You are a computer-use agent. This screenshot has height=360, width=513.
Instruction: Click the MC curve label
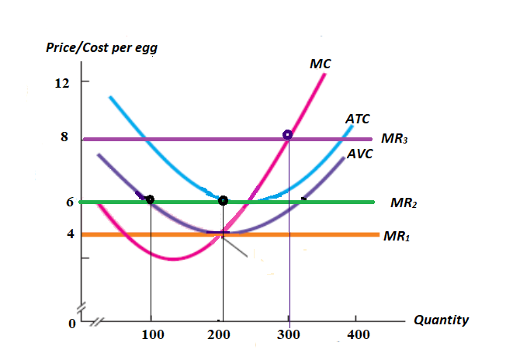click(x=320, y=64)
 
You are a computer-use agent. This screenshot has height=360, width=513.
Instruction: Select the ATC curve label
click(x=357, y=119)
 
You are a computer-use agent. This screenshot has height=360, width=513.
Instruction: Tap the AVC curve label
click(x=359, y=154)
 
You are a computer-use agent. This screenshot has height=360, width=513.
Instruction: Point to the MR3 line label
click(x=394, y=140)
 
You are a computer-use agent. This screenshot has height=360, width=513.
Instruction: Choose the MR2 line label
click(x=403, y=203)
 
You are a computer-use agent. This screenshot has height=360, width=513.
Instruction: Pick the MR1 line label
click(x=396, y=235)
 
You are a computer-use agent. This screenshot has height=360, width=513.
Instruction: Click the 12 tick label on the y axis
click(x=62, y=82)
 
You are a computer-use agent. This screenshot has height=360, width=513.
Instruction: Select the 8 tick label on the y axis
click(x=65, y=137)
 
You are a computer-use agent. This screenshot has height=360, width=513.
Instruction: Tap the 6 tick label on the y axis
click(x=66, y=201)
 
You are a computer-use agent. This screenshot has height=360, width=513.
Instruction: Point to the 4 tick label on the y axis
click(x=66, y=234)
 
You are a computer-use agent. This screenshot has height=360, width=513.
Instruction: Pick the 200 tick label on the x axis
click(x=220, y=335)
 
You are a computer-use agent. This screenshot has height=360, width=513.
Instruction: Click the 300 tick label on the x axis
click(x=289, y=335)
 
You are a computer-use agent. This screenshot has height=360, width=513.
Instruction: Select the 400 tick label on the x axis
click(x=357, y=335)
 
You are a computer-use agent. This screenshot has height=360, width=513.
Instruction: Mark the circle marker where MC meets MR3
click(x=288, y=135)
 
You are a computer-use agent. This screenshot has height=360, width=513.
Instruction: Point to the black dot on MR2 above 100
click(x=150, y=199)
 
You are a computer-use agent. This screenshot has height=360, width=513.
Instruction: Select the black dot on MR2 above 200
click(x=223, y=201)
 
